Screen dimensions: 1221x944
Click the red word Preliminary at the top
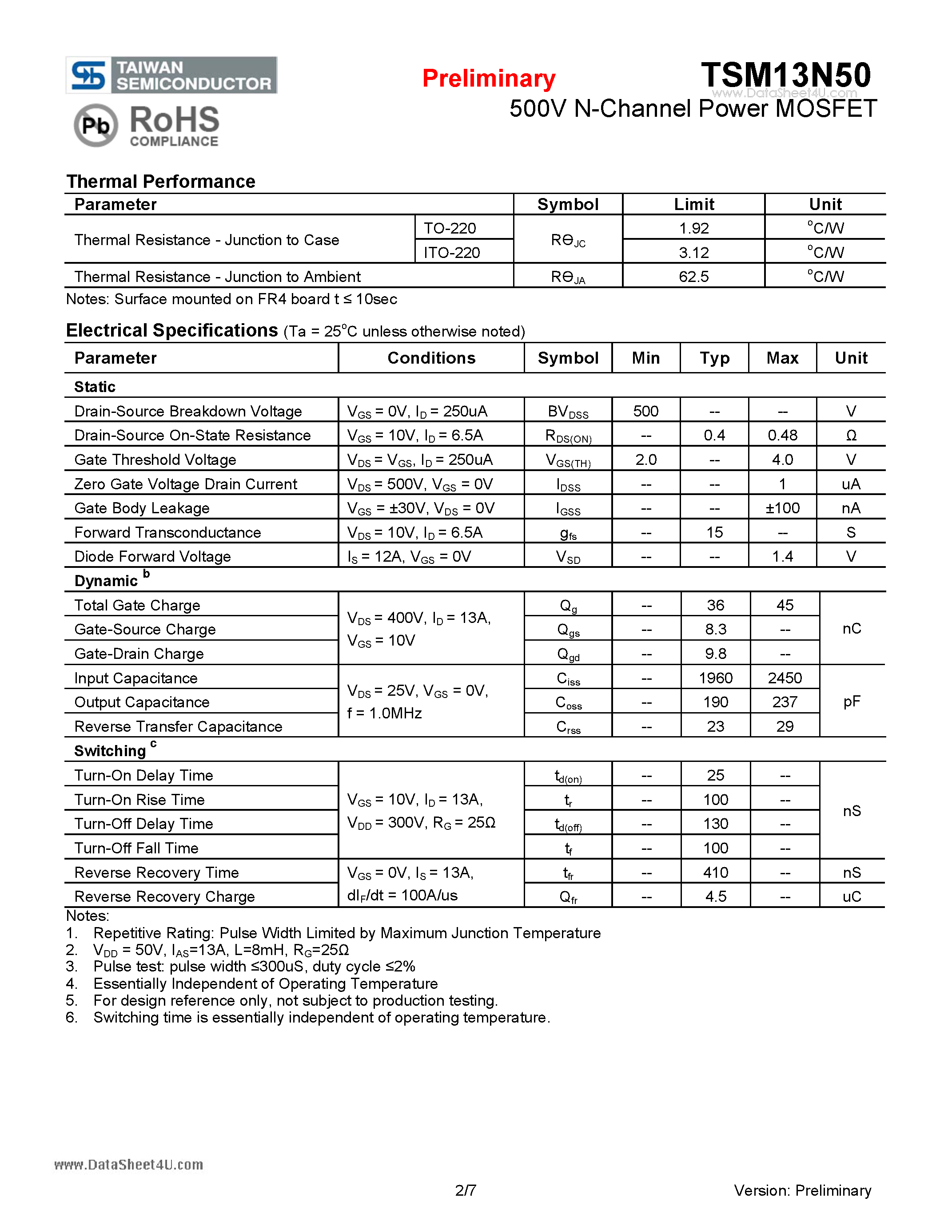point(488,78)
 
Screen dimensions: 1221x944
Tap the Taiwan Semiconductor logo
point(171,75)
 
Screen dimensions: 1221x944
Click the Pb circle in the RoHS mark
point(96,125)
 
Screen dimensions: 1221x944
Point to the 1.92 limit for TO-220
point(693,228)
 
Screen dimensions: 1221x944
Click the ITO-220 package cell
point(452,253)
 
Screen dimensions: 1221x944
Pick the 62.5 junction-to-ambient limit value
point(693,277)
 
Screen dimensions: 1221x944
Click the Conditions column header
point(431,358)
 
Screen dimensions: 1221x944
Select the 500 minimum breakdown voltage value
point(645,412)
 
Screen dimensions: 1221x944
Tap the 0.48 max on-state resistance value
point(782,436)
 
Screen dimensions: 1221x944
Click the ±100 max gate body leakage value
point(782,508)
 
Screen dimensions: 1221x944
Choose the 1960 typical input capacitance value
point(715,678)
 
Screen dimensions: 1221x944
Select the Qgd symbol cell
point(568,654)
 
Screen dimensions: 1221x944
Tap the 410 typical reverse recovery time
point(715,873)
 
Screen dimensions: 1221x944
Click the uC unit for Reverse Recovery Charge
point(851,897)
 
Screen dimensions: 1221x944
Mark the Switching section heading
point(111,751)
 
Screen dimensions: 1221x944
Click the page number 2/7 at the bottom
point(465,1190)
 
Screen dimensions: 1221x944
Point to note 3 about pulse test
point(254,967)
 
